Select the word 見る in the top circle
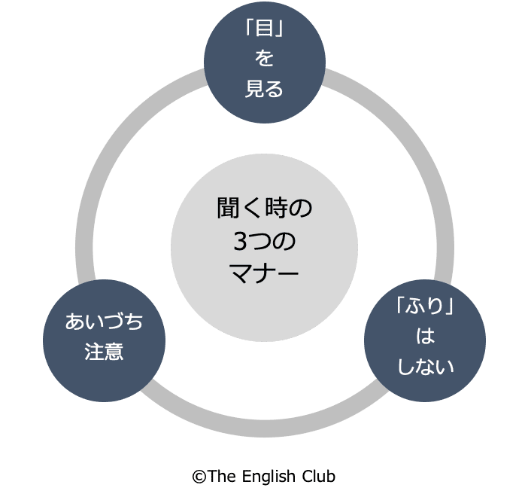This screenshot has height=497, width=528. coord(264,89)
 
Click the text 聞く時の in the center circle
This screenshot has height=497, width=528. coord(264,209)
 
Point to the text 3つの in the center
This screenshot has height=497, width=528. coord(264,241)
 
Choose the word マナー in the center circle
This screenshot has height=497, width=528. coord(264,272)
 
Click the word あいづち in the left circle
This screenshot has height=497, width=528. coord(104,322)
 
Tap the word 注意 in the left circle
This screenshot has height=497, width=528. coord(104,351)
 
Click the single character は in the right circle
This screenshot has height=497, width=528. coord(425,337)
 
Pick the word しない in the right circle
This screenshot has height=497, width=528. coord(425,367)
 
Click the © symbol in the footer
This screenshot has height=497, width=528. coord(199,476)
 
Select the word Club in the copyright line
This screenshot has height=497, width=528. coord(318,476)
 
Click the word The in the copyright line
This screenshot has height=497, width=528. coord(221,476)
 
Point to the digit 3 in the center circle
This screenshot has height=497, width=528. coord(239,241)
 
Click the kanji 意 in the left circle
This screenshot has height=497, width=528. coord(114,351)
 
